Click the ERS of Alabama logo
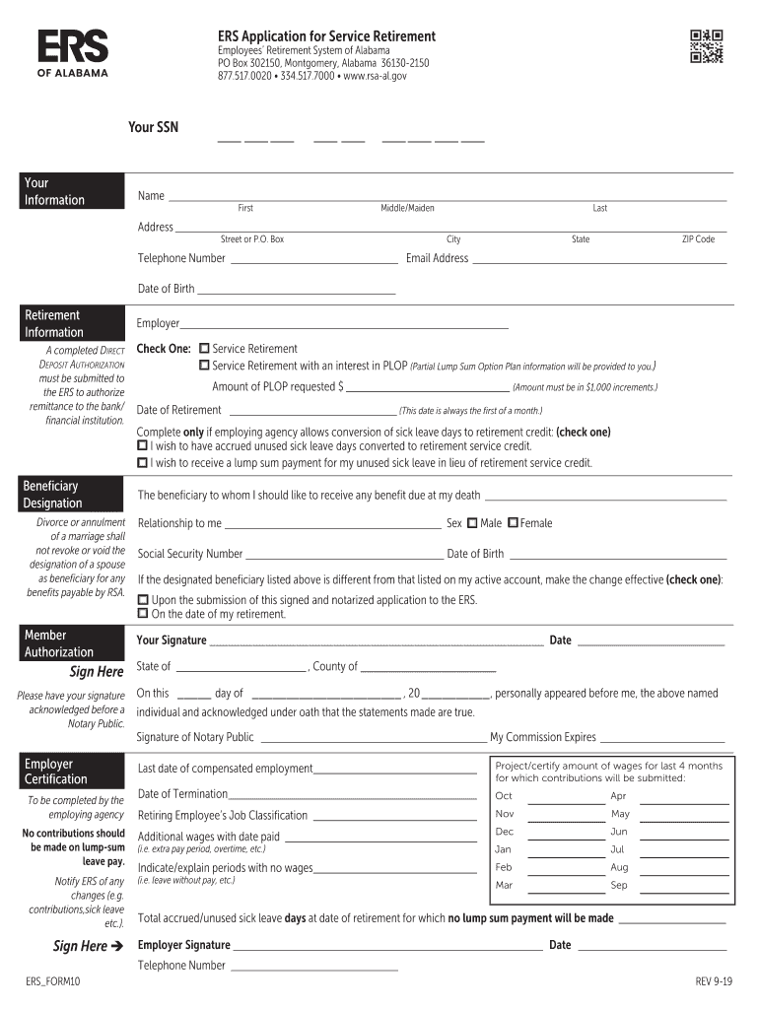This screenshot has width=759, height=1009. [73, 53]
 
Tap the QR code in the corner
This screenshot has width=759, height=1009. [706, 46]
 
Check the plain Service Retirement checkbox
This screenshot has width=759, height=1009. [204, 349]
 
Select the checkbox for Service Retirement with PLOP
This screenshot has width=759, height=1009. [204, 367]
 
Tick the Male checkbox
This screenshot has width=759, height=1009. [472, 523]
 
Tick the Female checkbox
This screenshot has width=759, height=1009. [513, 523]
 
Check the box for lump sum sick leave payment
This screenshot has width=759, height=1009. [143, 462]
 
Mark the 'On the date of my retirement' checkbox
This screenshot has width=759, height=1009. [143, 615]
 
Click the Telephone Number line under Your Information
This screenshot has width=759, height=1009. [312, 260]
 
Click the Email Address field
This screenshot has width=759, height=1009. [598, 260]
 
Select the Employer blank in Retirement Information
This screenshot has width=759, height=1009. [344, 324]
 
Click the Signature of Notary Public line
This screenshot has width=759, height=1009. [372, 739]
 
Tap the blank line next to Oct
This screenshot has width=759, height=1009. [566, 798]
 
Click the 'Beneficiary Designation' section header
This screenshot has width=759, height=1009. [74, 495]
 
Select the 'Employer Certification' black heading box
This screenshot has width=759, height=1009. [74, 772]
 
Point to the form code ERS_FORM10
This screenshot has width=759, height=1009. [53, 982]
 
